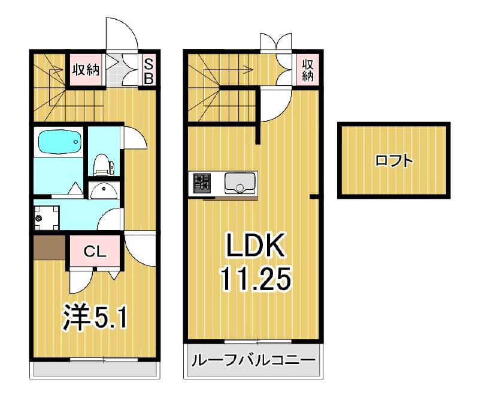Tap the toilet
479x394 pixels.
102,163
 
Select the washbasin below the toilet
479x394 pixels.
105,191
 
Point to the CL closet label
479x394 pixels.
94,251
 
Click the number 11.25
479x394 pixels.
255,278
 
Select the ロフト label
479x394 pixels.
394,160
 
